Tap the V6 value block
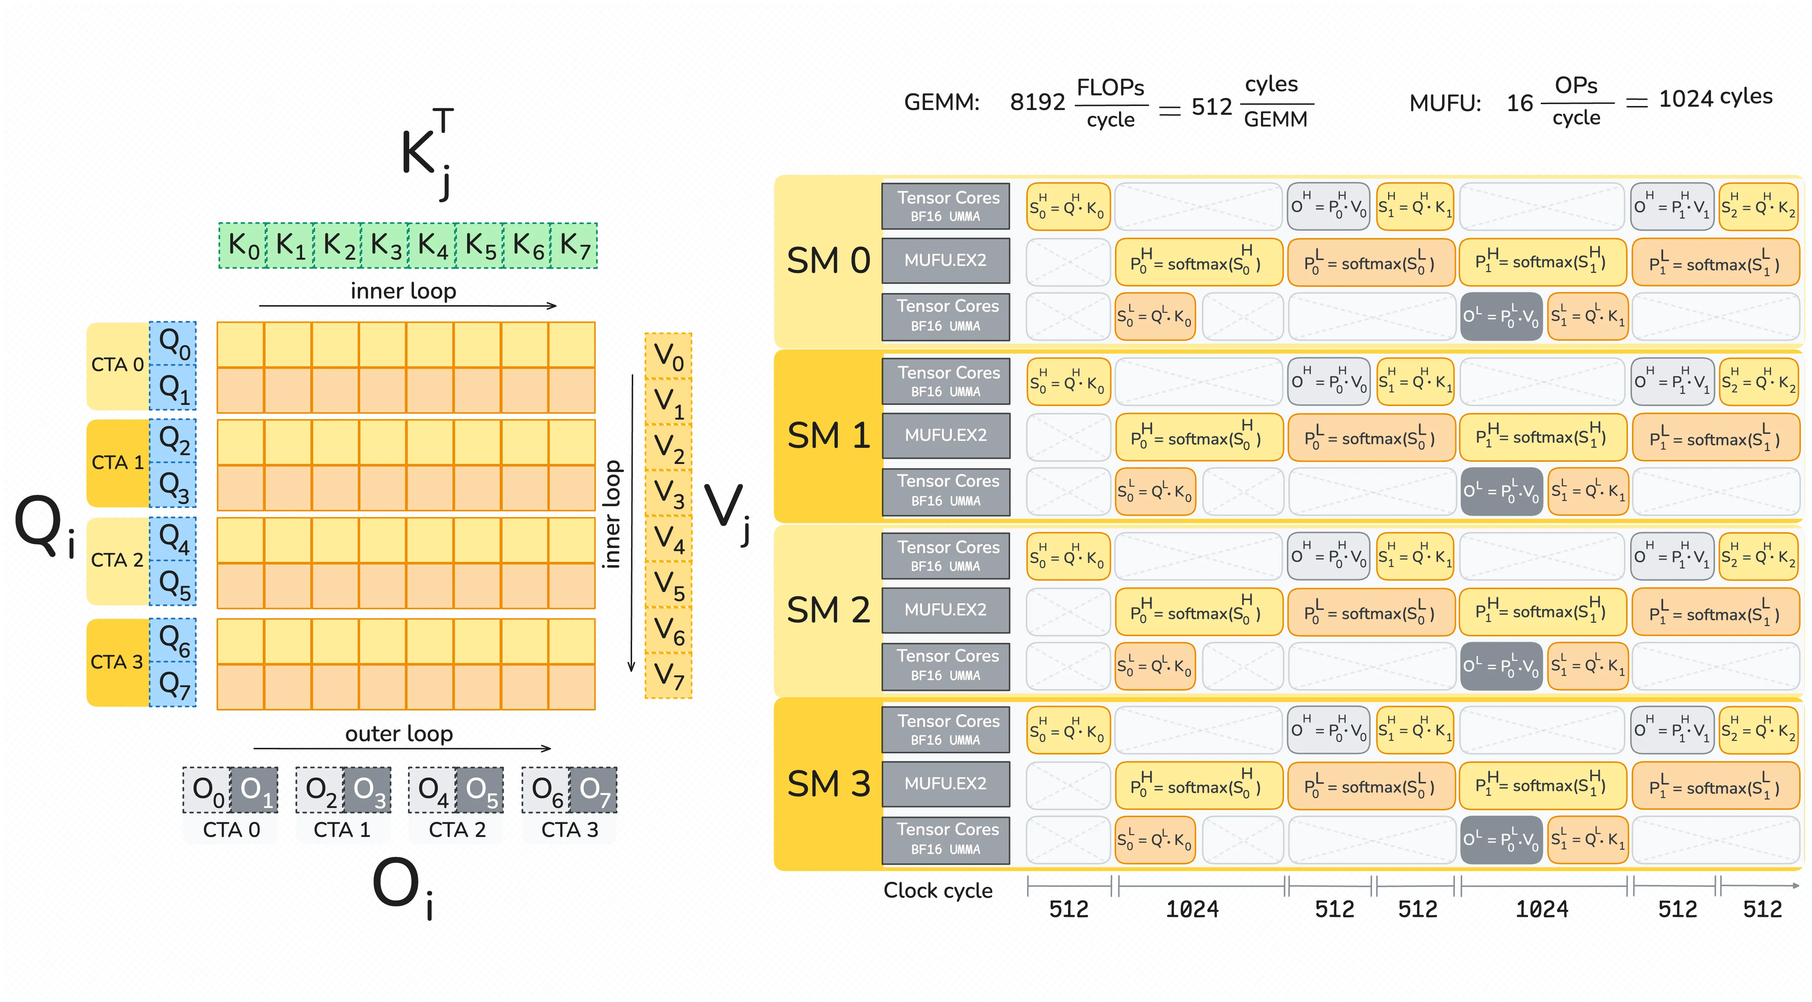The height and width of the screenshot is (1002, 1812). coord(668,630)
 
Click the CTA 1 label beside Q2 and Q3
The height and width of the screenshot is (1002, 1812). coord(117,462)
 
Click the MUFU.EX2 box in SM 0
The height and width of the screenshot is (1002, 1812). coord(945,260)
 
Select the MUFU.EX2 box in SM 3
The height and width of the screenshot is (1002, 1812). coord(945,784)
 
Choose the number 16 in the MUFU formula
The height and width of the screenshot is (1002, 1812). coord(1519,103)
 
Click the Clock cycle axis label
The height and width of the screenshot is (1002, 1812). coord(938,891)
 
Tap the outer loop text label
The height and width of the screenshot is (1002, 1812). coord(399,734)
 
